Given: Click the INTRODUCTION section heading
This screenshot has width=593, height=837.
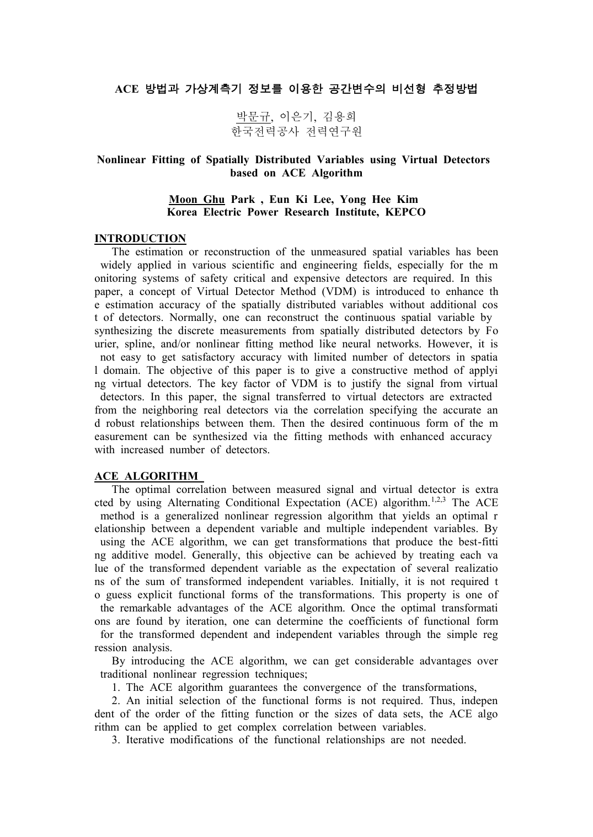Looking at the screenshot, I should pyautogui.click(x=140, y=239).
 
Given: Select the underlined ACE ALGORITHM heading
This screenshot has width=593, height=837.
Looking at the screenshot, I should pyautogui.click(x=146, y=476).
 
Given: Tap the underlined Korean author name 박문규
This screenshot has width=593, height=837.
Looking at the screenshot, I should pyautogui.click(x=254, y=117).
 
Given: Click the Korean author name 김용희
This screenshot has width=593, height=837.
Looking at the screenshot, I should pyautogui.click(x=339, y=117).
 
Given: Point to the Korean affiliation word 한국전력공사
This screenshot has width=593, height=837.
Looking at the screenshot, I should pyautogui.click(x=264, y=131).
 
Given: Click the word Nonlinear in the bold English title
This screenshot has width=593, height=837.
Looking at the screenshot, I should pyautogui.click(x=121, y=160).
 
